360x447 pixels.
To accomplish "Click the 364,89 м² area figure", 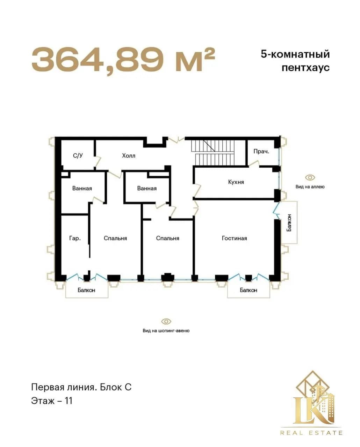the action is [123, 60].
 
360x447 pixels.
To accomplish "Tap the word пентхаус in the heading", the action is [306, 68].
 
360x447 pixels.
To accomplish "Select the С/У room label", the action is [78, 155].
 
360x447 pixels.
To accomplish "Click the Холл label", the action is [129, 156].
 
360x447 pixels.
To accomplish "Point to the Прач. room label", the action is [261, 152].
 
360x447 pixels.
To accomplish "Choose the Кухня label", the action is [236, 182].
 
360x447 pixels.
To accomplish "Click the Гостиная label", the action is [235, 238].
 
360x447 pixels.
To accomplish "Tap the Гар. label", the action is [75, 238].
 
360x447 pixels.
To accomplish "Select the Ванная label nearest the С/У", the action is [82, 188].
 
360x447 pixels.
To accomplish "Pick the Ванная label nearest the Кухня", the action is [147, 188].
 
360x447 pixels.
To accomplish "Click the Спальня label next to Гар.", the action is [115, 238].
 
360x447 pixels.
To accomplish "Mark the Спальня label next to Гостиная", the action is [168, 238].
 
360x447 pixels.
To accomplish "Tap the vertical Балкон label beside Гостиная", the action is [289, 223].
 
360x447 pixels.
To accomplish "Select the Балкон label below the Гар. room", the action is [87, 290].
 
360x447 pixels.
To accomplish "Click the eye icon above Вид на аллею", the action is [310, 178].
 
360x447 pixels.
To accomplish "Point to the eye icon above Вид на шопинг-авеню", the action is [166, 321].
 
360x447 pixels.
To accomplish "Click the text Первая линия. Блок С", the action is [81, 387].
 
